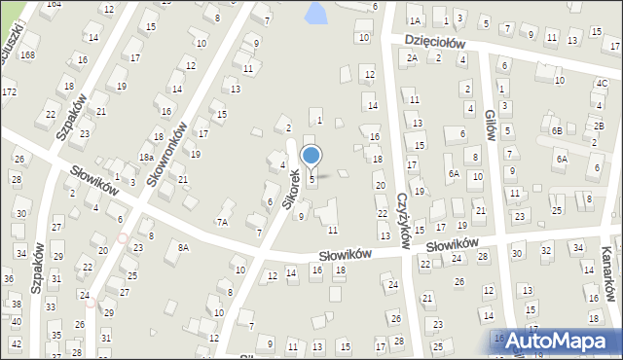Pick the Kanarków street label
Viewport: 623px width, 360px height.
(608, 274)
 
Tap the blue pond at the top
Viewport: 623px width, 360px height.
(315, 13)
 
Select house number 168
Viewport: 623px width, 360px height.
(27, 54)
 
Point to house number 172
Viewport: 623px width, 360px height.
(9, 92)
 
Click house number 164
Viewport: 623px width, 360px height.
(54, 4)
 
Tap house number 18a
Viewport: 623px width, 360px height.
(146, 157)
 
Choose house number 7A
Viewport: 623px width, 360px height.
(222, 222)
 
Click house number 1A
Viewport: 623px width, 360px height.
(415, 20)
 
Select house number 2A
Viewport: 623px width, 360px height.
(413, 57)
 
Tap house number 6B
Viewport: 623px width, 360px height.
(556, 130)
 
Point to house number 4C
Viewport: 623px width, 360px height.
(601, 84)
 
